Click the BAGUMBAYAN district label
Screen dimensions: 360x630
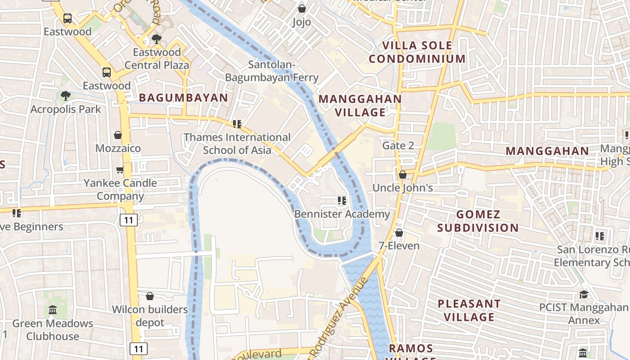[183, 98]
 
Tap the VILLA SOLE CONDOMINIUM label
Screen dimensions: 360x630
[417, 52]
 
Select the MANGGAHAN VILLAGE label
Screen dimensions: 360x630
[360, 105]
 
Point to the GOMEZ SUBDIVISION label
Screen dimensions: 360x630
[478, 221]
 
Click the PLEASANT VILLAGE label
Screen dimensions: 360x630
[469, 310]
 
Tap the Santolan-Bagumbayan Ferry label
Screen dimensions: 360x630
[272, 71]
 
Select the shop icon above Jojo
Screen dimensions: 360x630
[302, 9]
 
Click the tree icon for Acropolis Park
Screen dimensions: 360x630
[65, 95]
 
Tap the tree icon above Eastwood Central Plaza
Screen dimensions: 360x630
[156, 39]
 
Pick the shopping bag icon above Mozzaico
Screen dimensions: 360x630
[118, 135]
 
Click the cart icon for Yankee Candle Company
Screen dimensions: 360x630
[120, 169]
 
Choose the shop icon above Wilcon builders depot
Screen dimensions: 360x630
[150, 296]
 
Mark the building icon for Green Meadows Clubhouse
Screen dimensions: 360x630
[53, 310]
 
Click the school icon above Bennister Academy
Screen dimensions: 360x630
[342, 200]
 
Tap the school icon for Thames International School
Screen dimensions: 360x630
[237, 124]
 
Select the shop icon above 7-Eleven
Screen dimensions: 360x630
[399, 232]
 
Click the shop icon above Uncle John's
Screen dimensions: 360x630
[403, 174]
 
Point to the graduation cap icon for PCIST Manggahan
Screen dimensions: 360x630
[584, 294]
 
